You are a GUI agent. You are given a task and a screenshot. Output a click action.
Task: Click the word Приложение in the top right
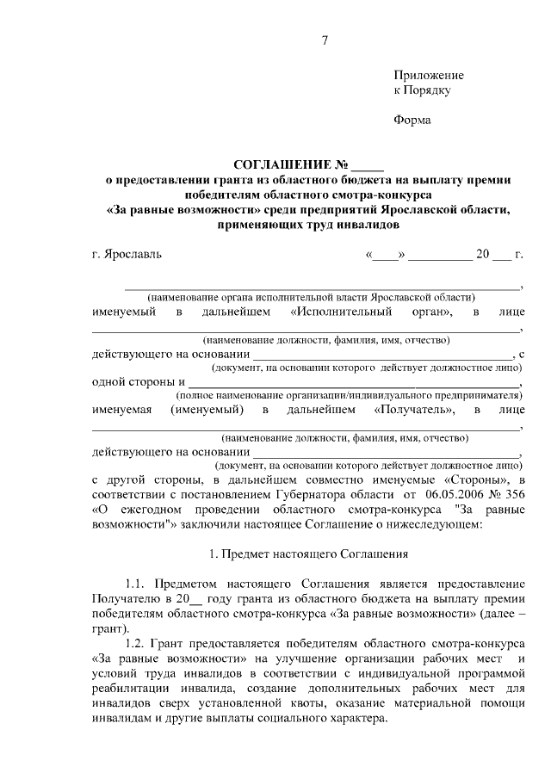[428, 75]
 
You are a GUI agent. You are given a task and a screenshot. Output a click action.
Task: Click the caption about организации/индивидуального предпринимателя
[349, 394]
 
